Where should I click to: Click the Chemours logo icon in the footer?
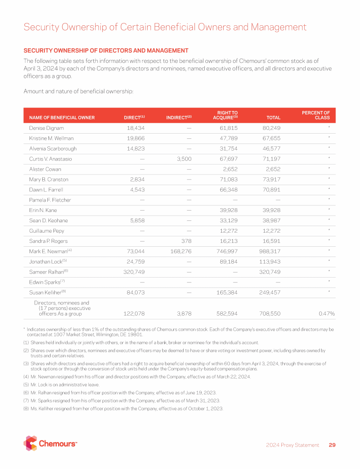(30, 443)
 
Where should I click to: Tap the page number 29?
(332, 445)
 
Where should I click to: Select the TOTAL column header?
(273, 117)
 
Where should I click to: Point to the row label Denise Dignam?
(46, 128)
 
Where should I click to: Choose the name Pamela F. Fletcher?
(50, 200)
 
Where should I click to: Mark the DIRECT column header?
(134, 117)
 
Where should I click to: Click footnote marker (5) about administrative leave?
(26, 384)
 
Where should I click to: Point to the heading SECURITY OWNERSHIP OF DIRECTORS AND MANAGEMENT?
(105, 51)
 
